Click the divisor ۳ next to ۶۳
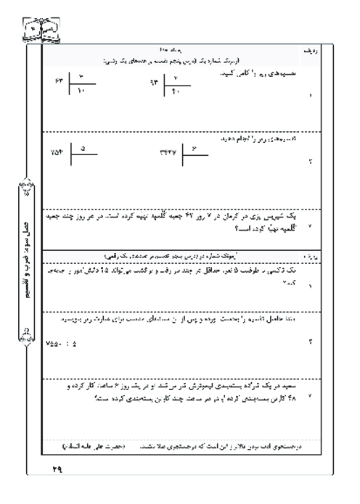[81, 75]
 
